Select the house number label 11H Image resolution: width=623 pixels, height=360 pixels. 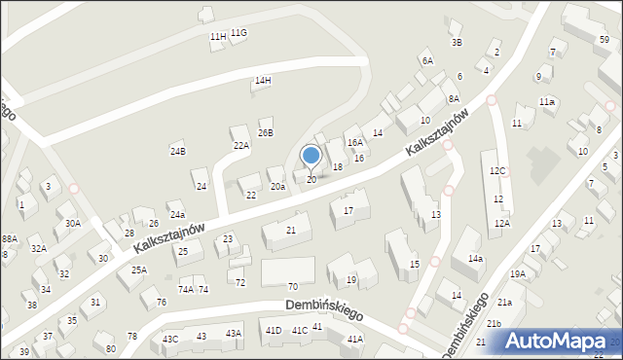pyautogui.click(x=217, y=37)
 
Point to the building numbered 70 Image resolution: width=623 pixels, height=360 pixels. pyautogui.click(x=292, y=286)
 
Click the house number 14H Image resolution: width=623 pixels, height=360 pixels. pyautogui.click(x=263, y=80)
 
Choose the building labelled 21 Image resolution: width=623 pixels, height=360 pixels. pyautogui.click(x=291, y=231)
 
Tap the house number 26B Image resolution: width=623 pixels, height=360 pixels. pyautogui.click(x=265, y=132)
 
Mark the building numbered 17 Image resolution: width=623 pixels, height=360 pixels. pyautogui.click(x=348, y=210)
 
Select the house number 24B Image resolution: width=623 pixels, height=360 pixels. pyautogui.click(x=177, y=151)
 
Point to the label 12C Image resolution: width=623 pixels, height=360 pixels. pyautogui.click(x=497, y=171)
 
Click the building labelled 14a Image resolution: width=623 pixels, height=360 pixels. pyautogui.click(x=475, y=259)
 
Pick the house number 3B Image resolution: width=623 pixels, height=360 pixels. pyautogui.click(x=457, y=42)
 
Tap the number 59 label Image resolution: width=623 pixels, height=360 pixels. pyautogui.click(x=605, y=39)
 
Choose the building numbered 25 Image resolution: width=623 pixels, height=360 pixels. pyautogui.click(x=182, y=252)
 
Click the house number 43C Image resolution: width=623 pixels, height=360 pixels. pyautogui.click(x=170, y=339)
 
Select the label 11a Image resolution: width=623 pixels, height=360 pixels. pyautogui.click(x=547, y=102)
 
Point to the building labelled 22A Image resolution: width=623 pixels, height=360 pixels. pyautogui.click(x=240, y=145)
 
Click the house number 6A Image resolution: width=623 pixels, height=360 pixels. pyautogui.click(x=426, y=60)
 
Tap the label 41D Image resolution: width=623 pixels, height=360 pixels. pyautogui.click(x=275, y=331)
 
